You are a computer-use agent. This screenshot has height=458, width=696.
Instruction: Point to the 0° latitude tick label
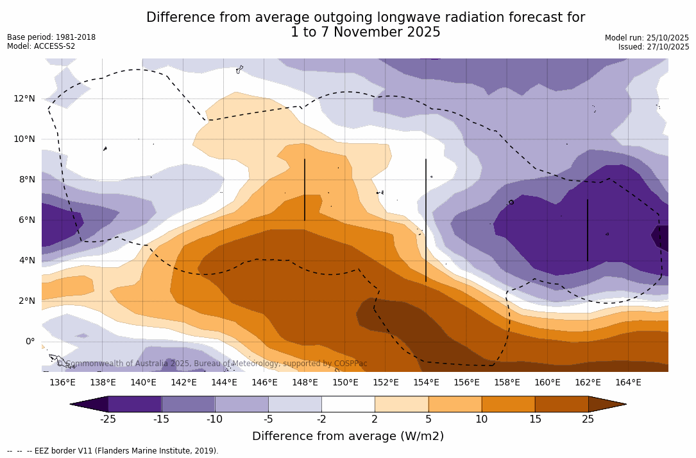tap(29, 341)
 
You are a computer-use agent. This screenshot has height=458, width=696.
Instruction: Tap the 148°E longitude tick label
tap(305, 383)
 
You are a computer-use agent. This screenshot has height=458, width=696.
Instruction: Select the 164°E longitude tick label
tap(628, 383)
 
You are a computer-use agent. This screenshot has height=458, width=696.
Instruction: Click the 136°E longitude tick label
tap(62, 383)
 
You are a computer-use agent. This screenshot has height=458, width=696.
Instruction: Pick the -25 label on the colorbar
tap(108, 419)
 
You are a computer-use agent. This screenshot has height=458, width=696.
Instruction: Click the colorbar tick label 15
tap(534, 419)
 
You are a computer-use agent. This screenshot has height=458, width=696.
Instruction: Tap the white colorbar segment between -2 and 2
tap(348, 404)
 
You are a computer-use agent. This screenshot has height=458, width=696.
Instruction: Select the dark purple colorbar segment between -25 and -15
tap(135, 404)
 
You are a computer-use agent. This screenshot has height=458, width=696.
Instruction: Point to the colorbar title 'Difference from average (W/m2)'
tap(348, 436)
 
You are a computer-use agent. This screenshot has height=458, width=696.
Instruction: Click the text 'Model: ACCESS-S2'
tap(41, 46)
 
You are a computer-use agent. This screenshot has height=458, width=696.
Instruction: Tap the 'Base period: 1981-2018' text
tap(51, 37)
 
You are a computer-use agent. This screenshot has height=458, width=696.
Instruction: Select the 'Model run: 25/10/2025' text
tap(647, 38)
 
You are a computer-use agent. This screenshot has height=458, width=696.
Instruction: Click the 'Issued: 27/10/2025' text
tap(654, 47)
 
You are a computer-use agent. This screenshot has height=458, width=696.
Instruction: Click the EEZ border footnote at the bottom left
tap(113, 451)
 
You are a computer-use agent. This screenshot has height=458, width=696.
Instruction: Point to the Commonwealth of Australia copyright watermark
tap(212, 364)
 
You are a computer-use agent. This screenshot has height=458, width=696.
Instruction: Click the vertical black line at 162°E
tap(588, 230)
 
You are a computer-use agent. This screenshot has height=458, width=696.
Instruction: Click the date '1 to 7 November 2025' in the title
tap(366, 32)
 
